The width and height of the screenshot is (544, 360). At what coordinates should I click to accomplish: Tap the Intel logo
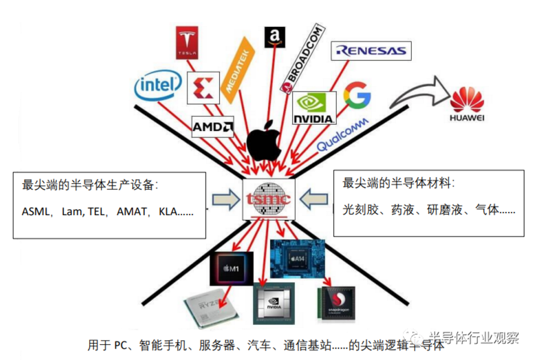tap(157, 86)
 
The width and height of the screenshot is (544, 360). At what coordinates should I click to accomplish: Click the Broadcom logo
tap(304, 60)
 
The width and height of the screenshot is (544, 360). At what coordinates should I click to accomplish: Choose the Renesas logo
tap(371, 51)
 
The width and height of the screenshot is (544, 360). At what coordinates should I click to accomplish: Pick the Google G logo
tap(357, 98)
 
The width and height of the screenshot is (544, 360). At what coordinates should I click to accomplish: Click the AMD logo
tap(212, 126)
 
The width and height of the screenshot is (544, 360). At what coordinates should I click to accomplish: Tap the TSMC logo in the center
tap(268, 198)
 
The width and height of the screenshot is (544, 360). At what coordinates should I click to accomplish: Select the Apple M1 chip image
tap(227, 268)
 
